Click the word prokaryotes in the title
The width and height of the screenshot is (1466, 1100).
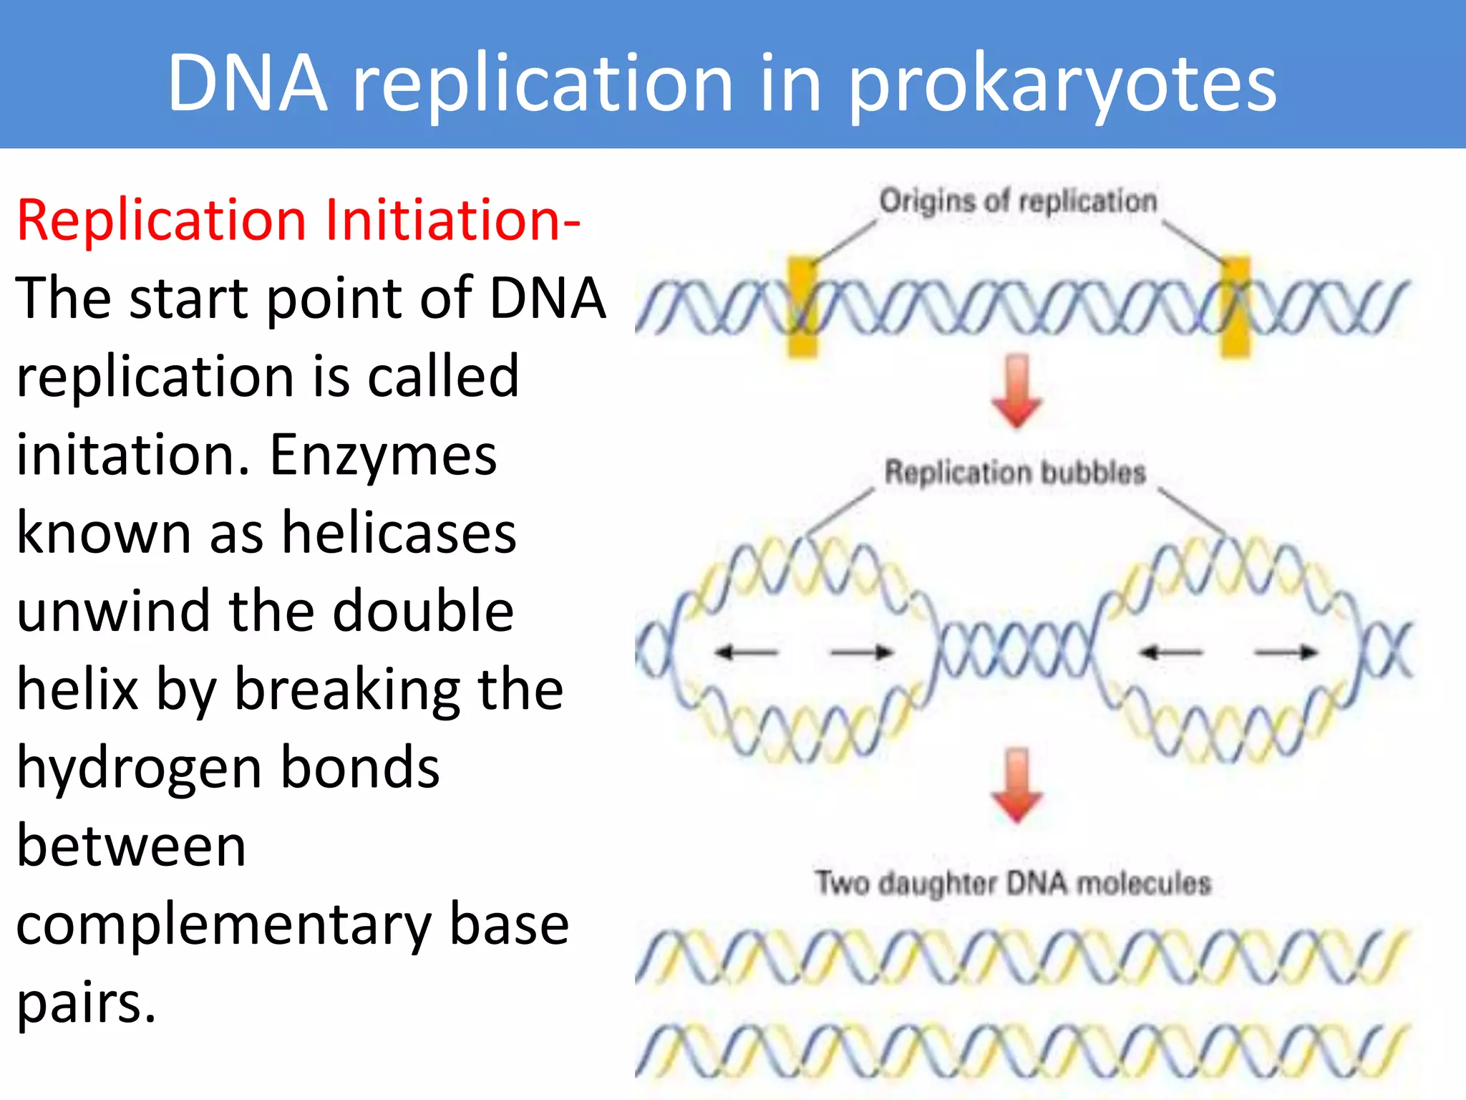coord(1062,85)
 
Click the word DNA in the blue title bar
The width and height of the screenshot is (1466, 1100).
coord(248,85)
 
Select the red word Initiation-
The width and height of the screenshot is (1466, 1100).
coord(452,220)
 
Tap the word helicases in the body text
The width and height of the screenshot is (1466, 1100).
coord(399,533)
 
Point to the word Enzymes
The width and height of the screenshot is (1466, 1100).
coord(383,455)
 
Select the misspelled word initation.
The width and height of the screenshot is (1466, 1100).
coord(133,455)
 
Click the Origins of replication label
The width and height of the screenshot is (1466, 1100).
coord(1017,201)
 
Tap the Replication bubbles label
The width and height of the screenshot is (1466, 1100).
coord(1015,473)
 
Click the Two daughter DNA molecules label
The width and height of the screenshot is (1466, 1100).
coord(1013,883)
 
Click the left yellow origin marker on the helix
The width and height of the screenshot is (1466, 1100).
coord(802,307)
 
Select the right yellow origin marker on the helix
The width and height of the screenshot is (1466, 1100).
coord(1235,307)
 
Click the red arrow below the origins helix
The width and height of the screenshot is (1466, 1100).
coord(1016,392)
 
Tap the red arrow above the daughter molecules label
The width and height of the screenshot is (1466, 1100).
coord(1016,786)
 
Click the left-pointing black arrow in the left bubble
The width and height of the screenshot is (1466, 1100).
coord(746,652)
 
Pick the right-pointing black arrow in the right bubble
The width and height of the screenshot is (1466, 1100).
coord(1287,652)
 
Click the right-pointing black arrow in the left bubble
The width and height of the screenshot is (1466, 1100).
coord(862,652)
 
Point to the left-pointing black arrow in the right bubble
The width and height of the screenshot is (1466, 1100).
coord(1171,652)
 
